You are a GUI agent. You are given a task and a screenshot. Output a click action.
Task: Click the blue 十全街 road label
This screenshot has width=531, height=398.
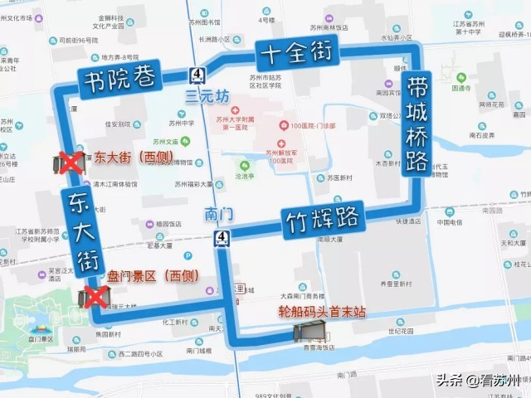click(x=296, y=54)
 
